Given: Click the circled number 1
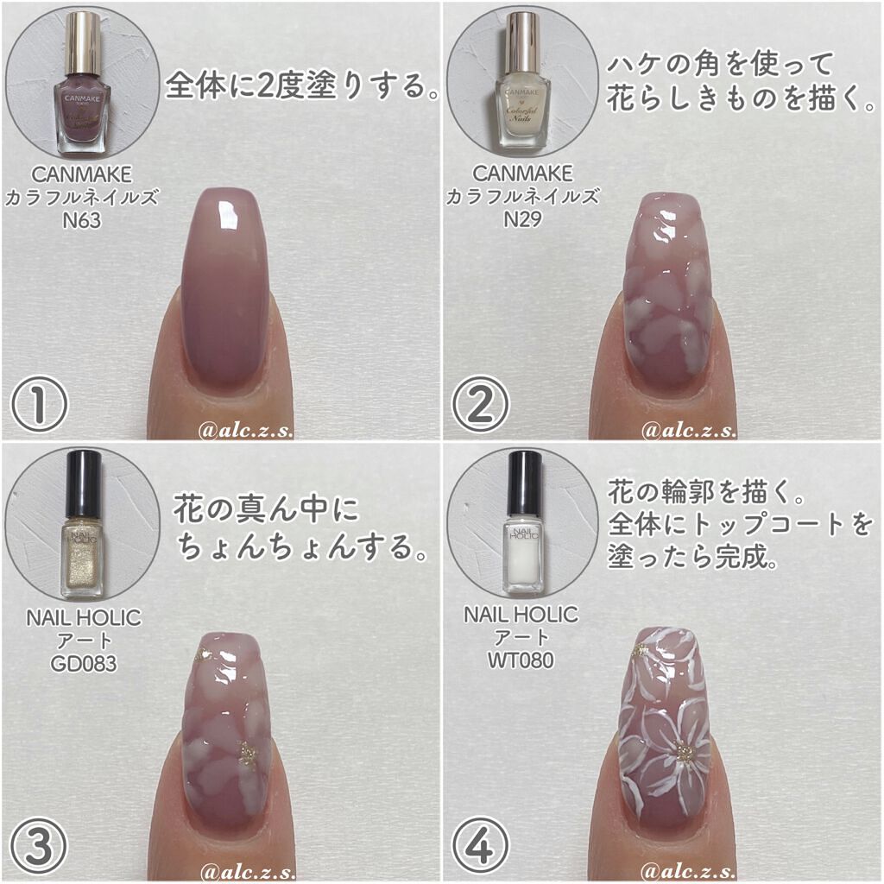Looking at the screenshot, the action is pos(39,404).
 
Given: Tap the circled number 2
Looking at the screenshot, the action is pos(480,404).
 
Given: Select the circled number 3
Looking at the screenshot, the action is pos(39,846).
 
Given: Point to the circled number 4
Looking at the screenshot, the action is pos(480,846).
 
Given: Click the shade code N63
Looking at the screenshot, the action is pos(82,220).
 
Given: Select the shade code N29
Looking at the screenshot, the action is pos(522,219).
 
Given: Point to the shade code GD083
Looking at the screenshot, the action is pos(84,664).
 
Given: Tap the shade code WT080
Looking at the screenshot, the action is pos(521,660).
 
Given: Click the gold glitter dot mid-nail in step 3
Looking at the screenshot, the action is pos(247,754).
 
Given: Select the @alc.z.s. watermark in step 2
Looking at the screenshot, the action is pos(689,431).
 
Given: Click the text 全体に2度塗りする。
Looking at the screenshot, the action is pos(301,85).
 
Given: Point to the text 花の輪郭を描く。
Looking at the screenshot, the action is pos(706,492).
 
